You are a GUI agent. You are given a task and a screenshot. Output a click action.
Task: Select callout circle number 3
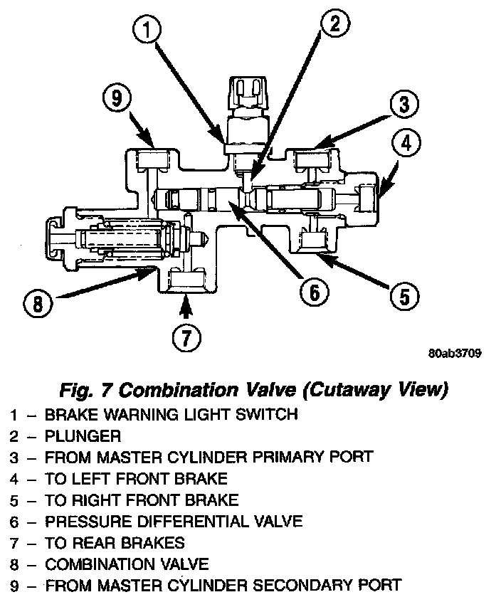point(404,105)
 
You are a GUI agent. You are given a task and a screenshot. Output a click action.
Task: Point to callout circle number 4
point(405,144)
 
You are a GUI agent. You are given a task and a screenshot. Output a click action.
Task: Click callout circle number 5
point(404,294)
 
